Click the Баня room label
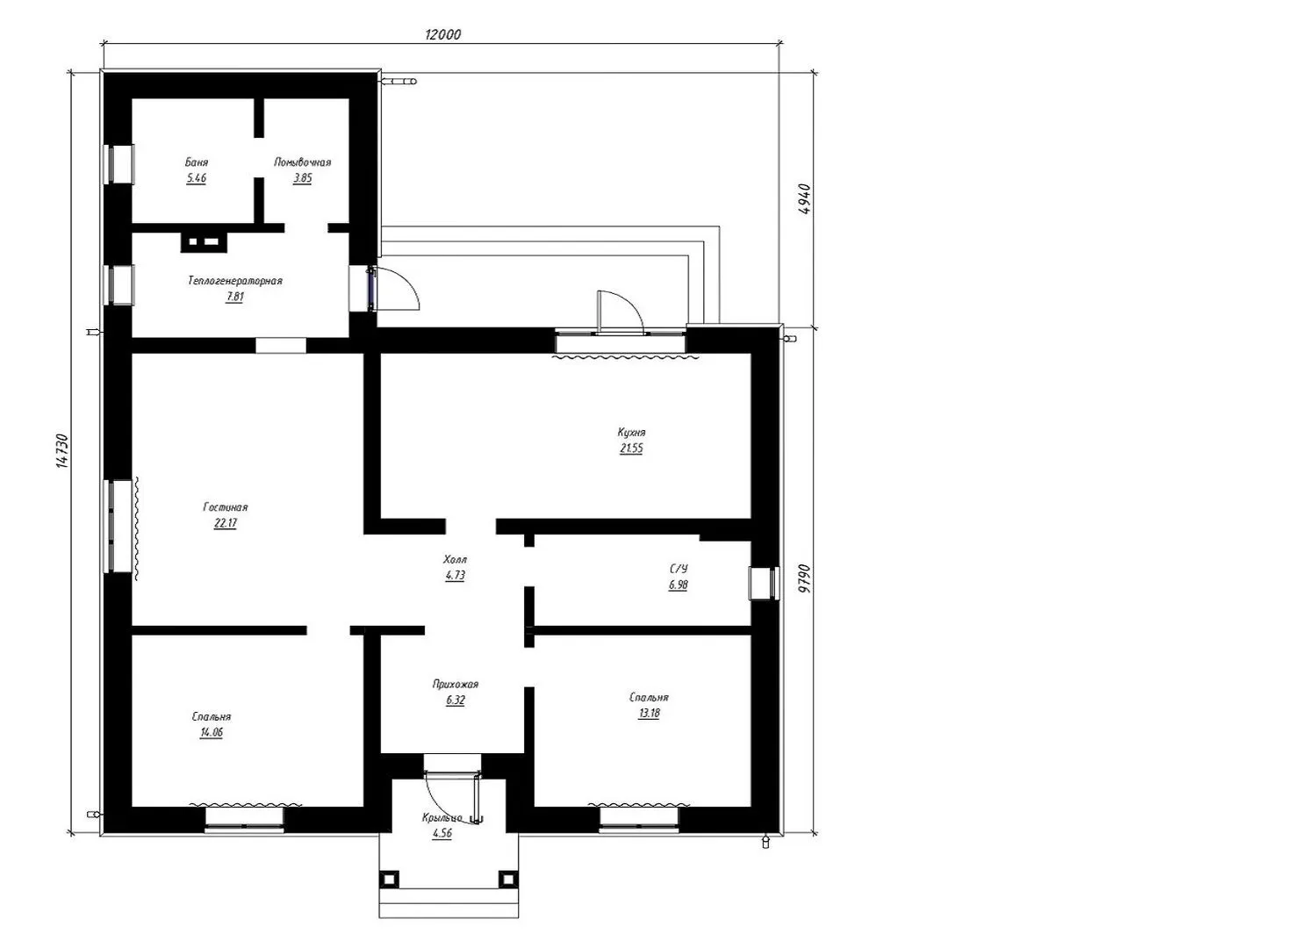pyautogui.click(x=197, y=162)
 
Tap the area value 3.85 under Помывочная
pyautogui.click(x=302, y=178)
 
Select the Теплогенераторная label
pyautogui.click(x=235, y=281)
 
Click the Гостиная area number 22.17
pyautogui.click(x=225, y=524)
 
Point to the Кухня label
pyautogui.click(x=631, y=433)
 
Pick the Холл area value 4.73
pyautogui.click(x=455, y=576)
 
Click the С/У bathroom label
pyautogui.click(x=679, y=570)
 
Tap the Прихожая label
pyautogui.click(x=456, y=684)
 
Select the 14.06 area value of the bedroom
pyautogui.click(x=212, y=733)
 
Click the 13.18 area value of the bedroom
pyautogui.click(x=649, y=713)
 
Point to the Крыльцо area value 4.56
pyautogui.click(x=442, y=833)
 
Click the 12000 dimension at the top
pyautogui.click(x=442, y=34)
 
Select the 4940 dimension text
pyautogui.click(x=806, y=198)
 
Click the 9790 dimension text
pyautogui.click(x=806, y=578)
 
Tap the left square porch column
pyautogui.click(x=389, y=879)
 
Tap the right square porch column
pyautogui.click(x=507, y=879)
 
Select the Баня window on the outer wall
pyautogui.click(x=119, y=164)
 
